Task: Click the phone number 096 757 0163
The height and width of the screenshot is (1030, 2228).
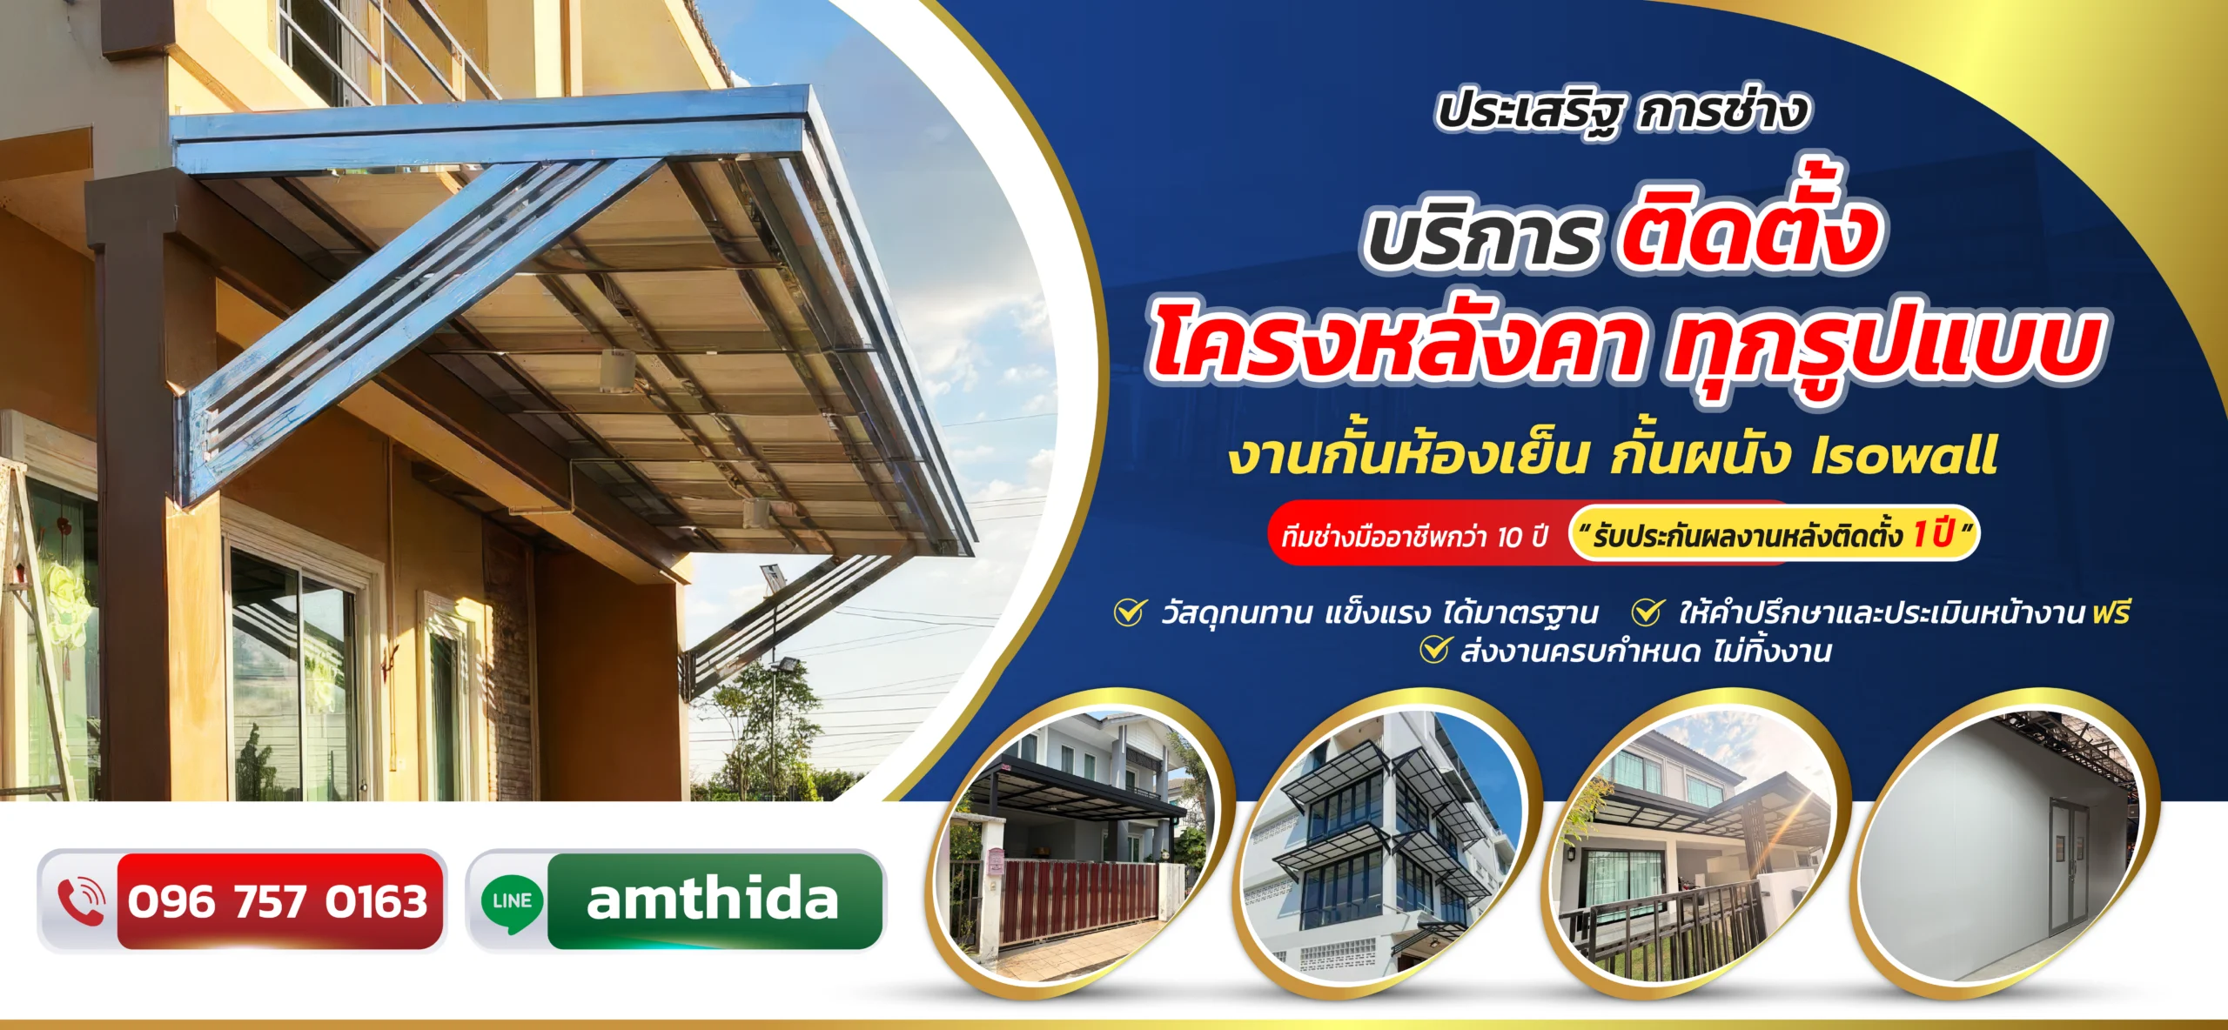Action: point(278,900)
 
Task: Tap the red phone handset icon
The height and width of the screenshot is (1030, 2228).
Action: point(80,901)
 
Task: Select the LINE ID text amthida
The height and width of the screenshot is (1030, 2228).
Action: point(712,899)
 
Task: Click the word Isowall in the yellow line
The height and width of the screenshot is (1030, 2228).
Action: point(1903,456)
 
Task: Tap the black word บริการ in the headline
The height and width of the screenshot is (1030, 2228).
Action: point(1480,237)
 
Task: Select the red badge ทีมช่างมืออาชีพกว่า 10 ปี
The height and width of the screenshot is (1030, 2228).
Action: point(1415,534)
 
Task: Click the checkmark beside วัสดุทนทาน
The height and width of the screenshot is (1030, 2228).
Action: point(1130,612)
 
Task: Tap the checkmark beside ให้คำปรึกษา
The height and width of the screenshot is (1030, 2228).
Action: point(1648,612)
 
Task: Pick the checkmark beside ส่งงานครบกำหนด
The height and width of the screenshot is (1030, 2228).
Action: point(1435,649)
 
